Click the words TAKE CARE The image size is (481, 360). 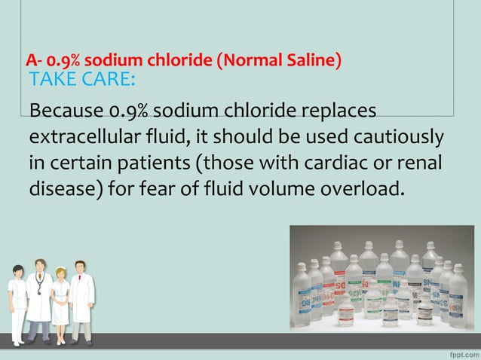coord(81,81)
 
